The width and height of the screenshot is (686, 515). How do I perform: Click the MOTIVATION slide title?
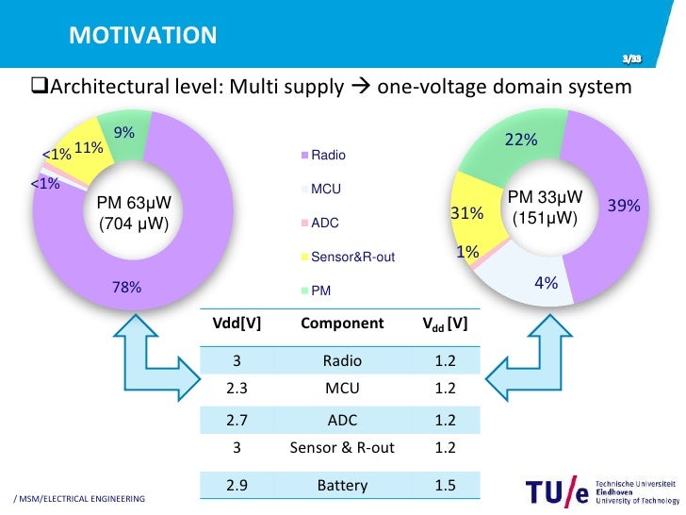(143, 36)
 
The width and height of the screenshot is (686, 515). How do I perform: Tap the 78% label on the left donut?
(126, 288)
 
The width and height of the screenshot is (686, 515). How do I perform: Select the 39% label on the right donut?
(624, 205)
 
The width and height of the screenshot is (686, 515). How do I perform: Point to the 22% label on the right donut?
(521, 140)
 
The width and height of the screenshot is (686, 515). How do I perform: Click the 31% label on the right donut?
(467, 214)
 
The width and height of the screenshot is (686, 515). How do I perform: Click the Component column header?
(342, 324)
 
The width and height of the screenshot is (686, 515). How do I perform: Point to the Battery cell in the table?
(342, 485)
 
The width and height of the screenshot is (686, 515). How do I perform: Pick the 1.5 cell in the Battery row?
(446, 485)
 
